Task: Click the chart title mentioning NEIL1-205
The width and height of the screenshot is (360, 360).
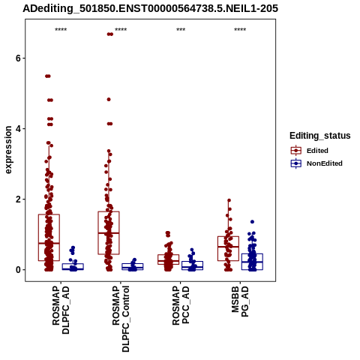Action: [x=150, y=8]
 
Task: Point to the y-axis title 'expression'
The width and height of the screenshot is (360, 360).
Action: [x=8, y=150]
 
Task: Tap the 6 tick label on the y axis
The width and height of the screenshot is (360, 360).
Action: [x=18, y=58]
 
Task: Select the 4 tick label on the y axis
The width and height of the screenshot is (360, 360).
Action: [x=18, y=129]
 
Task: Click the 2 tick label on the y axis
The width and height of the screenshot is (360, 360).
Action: [x=18, y=199]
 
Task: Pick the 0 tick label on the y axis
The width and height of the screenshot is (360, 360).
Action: [x=18, y=270]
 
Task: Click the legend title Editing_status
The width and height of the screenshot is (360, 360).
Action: [x=320, y=136]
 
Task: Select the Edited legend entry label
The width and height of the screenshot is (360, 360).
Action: [x=317, y=151]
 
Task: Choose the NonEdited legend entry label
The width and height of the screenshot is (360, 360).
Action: [x=325, y=163]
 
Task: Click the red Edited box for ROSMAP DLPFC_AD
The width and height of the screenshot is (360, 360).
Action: [x=38, y=238]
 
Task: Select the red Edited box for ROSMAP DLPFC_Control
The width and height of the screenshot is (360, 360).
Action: [x=98, y=232]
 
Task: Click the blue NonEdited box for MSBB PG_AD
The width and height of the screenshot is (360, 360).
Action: [x=241, y=262]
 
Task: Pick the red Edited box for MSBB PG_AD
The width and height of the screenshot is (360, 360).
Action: [x=217, y=248]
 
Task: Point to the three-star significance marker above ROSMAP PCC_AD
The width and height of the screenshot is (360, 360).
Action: [x=181, y=30]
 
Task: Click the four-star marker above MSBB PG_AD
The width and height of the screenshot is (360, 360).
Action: [x=240, y=30]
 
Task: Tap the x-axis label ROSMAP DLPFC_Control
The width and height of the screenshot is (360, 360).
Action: [x=121, y=319]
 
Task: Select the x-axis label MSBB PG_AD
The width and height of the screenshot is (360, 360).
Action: [x=240, y=301]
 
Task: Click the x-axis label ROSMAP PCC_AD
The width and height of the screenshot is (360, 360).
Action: [x=181, y=305]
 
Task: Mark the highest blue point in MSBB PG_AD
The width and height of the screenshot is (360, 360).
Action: [x=252, y=222]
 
